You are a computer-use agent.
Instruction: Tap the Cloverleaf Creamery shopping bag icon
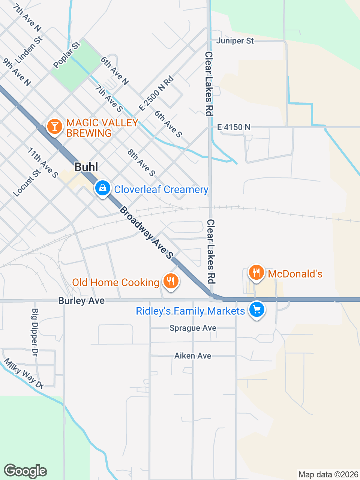coord(102,188)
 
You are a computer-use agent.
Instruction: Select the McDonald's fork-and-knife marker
coord(256,273)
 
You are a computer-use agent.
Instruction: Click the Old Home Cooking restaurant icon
coord(171,281)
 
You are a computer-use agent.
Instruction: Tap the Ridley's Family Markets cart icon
coord(257,310)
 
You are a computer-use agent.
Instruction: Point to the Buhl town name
coord(86,167)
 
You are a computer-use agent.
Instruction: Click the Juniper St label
coord(235,40)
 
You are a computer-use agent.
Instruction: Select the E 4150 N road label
coord(234,127)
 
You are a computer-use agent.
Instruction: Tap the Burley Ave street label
coord(81,300)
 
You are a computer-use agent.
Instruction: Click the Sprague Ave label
coord(193,328)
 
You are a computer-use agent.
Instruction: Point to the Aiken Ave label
coord(193,355)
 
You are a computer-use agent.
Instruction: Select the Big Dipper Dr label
coord(35,332)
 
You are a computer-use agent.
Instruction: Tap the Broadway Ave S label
coord(147,232)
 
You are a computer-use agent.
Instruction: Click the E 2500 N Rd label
coord(156,93)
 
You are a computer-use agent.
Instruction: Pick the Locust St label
coord(27,183)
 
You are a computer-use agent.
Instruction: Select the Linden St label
coord(29,50)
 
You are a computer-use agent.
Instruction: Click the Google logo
coord(25,471)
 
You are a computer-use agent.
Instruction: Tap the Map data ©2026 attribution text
coord(328,474)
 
